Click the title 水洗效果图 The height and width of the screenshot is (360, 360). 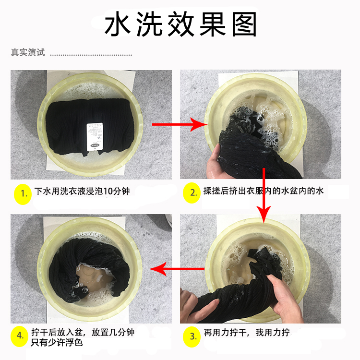tap(180, 24)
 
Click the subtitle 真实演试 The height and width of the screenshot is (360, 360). tap(28, 52)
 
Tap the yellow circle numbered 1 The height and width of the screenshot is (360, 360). tap(23, 194)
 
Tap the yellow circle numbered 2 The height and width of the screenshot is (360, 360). tap(192, 193)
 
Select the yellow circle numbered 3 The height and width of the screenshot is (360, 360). tap(192, 336)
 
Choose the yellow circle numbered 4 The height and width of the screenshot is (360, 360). tap(20, 336)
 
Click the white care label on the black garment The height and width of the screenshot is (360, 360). tap(95, 137)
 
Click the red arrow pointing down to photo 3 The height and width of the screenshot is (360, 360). tap(264, 196)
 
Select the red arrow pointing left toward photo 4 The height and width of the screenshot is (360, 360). tap(177, 269)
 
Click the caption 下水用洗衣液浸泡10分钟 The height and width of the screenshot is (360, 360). tap(82, 191)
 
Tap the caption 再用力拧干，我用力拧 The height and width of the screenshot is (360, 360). tap(247, 333)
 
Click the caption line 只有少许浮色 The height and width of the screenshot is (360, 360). tap(57, 343)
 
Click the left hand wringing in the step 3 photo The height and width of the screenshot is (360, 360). tap(197, 305)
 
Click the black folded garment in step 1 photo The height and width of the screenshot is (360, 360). tap(90, 126)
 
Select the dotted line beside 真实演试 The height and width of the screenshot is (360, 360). tap(91, 55)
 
